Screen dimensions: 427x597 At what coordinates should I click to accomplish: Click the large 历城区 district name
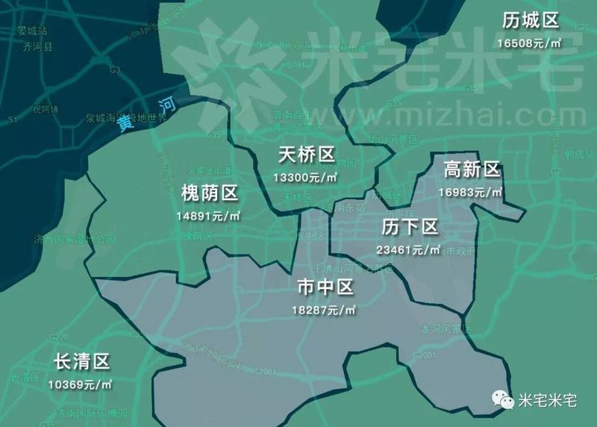531,19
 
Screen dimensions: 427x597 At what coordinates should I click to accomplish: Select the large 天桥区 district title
306,155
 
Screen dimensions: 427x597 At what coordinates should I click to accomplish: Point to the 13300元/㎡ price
305,178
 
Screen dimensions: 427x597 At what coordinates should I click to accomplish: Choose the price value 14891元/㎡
209,217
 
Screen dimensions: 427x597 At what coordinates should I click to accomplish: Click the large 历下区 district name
409,227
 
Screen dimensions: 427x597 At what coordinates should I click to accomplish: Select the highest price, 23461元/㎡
409,249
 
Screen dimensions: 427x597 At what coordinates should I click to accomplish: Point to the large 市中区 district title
325,287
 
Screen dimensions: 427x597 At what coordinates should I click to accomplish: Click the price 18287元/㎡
326,310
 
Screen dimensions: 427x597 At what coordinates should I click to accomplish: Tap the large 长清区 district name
82,362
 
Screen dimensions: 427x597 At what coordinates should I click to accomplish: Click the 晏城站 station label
33,32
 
